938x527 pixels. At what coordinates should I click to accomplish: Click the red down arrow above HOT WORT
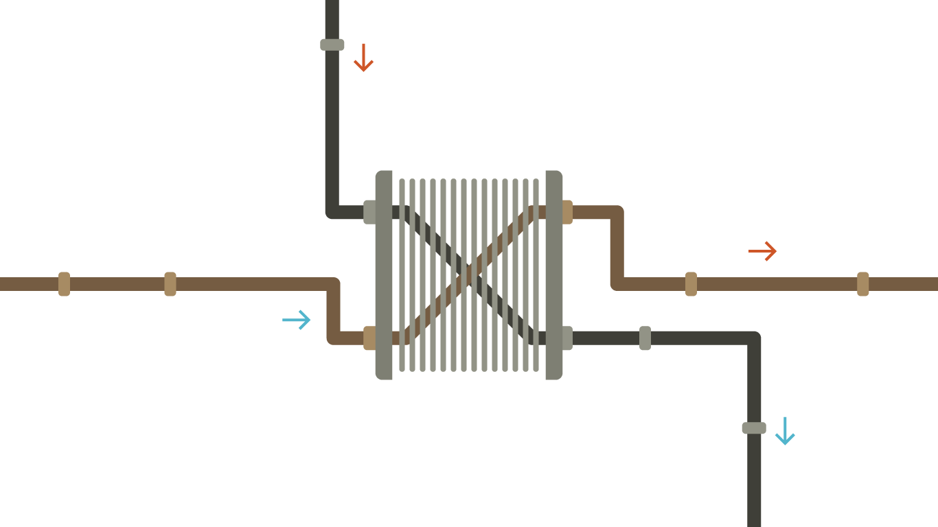pyautogui.click(x=363, y=58)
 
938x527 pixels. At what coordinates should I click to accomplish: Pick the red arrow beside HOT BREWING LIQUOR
pyautogui.click(x=762, y=252)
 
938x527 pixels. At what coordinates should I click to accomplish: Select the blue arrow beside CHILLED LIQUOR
pyautogui.click(x=297, y=320)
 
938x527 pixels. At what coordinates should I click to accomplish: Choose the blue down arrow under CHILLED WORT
pyautogui.click(x=784, y=432)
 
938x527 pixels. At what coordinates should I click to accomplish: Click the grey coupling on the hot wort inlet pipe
pyautogui.click(x=332, y=45)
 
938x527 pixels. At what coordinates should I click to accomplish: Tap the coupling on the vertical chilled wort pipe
pyautogui.click(x=754, y=428)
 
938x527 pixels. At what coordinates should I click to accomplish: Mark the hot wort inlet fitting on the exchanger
pyautogui.click(x=369, y=212)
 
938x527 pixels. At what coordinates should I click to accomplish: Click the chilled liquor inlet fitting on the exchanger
pyautogui.click(x=369, y=338)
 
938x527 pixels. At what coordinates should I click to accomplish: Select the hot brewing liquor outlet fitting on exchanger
pyautogui.click(x=567, y=212)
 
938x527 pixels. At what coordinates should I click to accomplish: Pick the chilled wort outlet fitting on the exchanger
pyautogui.click(x=567, y=338)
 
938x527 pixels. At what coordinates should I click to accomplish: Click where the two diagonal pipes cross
pyautogui.click(x=469, y=274)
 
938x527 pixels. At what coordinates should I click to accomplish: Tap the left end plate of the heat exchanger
pyautogui.click(x=384, y=274)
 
